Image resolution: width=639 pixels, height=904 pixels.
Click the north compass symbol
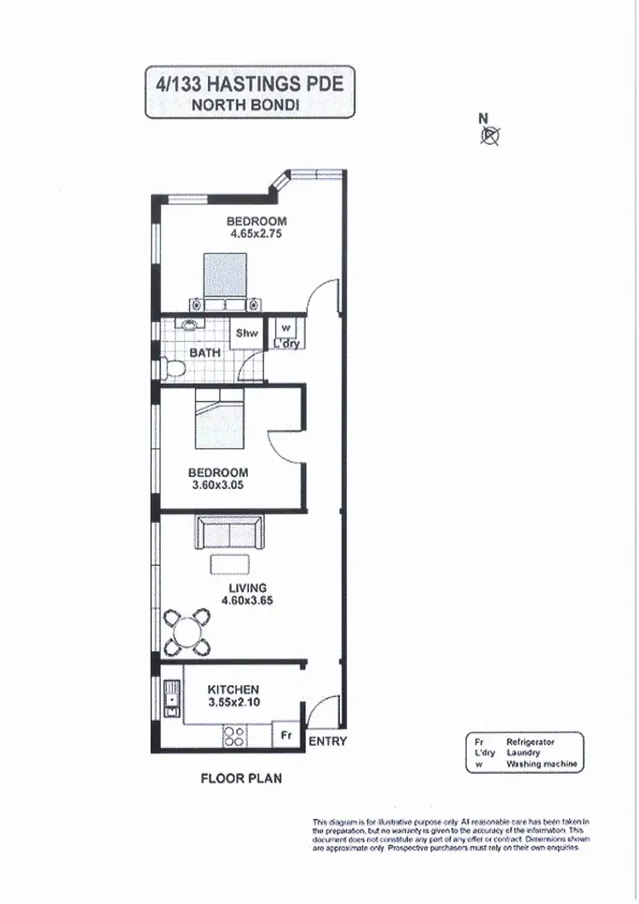coord(492,134)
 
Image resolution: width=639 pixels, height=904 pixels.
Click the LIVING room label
coord(247,588)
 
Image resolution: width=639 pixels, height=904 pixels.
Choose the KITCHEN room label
coord(233,689)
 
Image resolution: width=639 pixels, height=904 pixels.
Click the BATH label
coord(204,352)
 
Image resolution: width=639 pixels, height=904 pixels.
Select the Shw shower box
coord(246,334)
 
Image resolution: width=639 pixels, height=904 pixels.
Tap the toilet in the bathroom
coord(174,368)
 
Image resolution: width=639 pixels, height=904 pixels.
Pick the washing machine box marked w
coord(285,328)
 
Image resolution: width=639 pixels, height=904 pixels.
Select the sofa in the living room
coord(230,533)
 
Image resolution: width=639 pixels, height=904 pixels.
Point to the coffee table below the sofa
coord(230,563)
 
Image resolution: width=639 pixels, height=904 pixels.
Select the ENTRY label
coord(328,741)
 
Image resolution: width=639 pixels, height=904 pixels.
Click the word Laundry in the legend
coord(522,753)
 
